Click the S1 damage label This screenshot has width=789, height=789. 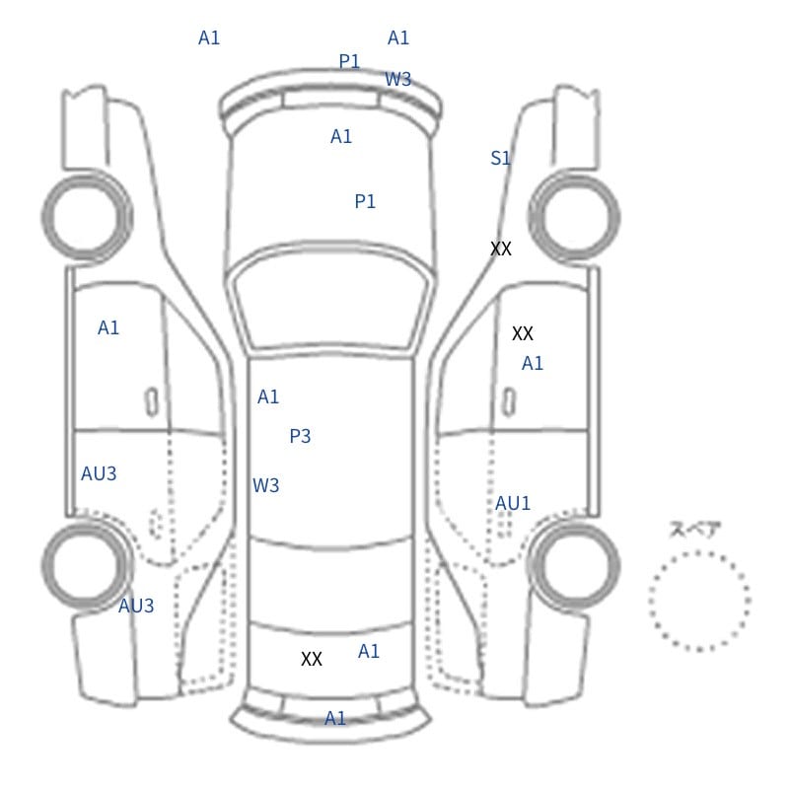[x=500, y=159]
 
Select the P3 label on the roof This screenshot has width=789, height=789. [x=300, y=436]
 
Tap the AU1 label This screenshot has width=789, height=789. [x=512, y=503]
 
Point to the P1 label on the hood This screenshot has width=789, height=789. [x=365, y=201]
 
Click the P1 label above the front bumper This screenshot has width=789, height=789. [x=349, y=61]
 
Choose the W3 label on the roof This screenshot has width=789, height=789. [x=265, y=485]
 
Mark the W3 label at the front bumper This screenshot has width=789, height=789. [x=398, y=79]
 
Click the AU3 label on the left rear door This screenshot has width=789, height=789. [x=99, y=473]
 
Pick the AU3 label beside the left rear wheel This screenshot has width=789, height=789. [x=136, y=606]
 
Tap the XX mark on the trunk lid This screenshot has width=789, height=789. [x=312, y=659]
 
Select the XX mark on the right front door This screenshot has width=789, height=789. [x=523, y=333]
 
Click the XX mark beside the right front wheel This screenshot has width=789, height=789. [x=501, y=249]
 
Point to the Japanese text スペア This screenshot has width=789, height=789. [x=688, y=530]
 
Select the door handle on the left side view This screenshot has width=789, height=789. [x=152, y=402]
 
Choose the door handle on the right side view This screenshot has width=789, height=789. [x=509, y=402]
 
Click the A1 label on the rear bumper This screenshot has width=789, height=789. [x=335, y=718]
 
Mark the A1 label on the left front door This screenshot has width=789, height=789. [x=108, y=328]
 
